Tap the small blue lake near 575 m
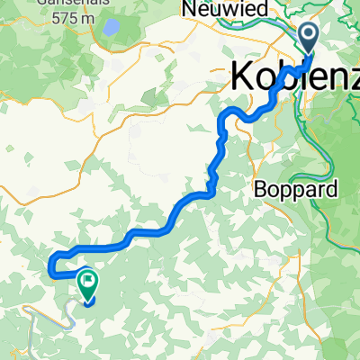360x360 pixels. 112,27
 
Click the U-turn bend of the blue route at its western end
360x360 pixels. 50,262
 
